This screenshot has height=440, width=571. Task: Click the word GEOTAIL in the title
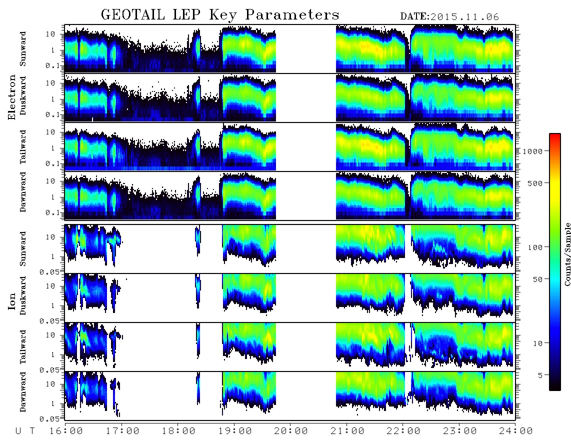[x=133, y=14]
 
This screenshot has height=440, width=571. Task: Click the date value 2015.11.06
[x=464, y=17]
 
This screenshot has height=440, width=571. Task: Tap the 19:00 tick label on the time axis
[x=235, y=431]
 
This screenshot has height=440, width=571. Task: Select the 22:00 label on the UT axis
[x=403, y=431]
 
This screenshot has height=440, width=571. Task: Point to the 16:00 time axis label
[x=66, y=431]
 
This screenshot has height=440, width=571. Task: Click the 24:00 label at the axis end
[x=515, y=431]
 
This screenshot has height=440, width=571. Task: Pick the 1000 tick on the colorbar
[x=532, y=151]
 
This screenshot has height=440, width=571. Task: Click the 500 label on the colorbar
[x=535, y=183]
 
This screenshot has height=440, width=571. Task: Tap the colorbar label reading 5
[x=540, y=375]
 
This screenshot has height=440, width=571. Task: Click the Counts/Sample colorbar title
[x=567, y=254]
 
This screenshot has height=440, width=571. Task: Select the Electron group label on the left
[x=11, y=97]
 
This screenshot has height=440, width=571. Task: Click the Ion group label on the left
[x=11, y=301]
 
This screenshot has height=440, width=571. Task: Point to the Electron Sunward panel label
[x=22, y=48]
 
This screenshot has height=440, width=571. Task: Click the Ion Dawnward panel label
[x=22, y=391]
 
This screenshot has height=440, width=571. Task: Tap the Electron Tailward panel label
[x=22, y=147]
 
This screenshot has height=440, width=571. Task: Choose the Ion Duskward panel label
[x=22, y=295]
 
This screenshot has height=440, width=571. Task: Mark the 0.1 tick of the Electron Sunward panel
[x=53, y=65]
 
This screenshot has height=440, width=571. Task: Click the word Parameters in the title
[x=292, y=14]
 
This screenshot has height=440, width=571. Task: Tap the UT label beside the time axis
[x=25, y=431]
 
